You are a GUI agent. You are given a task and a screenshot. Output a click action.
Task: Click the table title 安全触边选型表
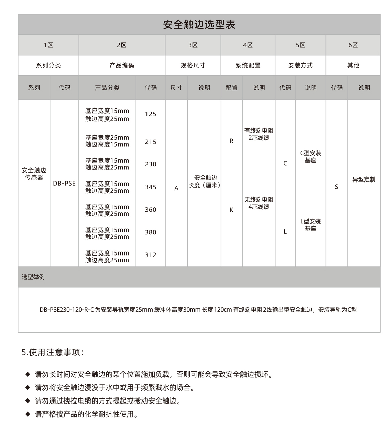(199, 24)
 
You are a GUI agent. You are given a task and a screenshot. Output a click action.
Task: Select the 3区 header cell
(193, 45)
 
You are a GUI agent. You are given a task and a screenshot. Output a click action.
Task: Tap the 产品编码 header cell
(122, 65)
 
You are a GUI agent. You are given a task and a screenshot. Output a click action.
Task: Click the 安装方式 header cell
(300, 65)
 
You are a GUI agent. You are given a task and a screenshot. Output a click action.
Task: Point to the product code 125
(151, 114)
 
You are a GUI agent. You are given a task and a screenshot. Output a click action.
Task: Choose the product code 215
(151, 142)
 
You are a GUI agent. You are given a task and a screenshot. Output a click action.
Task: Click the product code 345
(151, 187)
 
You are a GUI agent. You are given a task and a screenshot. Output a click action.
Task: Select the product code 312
(151, 255)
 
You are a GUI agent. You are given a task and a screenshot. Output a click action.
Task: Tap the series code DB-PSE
(64, 184)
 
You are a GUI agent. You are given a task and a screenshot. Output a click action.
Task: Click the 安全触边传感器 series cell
(34, 174)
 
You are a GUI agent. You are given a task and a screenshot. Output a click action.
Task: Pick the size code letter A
(176, 188)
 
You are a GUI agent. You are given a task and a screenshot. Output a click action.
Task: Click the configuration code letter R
(231, 141)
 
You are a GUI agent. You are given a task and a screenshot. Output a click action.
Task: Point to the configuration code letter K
(231, 210)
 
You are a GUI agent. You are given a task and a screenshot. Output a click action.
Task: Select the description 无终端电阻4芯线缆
(259, 203)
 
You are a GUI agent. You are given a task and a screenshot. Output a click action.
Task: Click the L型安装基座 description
(310, 225)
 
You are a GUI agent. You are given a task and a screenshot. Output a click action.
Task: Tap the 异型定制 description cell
(364, 179)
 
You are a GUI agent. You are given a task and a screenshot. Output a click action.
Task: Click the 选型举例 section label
(33, 277)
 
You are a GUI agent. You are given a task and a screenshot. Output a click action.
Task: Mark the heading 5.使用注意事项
(53, 352)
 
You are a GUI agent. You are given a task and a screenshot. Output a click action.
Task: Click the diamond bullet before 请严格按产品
(28, 414)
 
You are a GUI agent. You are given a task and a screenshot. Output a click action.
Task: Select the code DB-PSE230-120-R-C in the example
(67, 310)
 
